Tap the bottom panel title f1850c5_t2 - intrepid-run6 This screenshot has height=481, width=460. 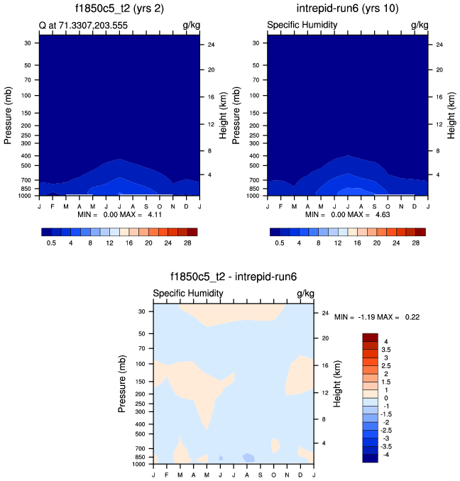[x=233, y=278]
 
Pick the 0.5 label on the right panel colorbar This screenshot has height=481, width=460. [x=280, y=243]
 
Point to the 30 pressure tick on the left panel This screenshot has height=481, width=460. [x=30, y=43]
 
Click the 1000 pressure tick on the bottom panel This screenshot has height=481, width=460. [x=139, y=465]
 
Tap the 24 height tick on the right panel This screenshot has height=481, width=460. [x=439, y=45]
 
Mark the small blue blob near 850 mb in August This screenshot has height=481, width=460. [x=248, y=457]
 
